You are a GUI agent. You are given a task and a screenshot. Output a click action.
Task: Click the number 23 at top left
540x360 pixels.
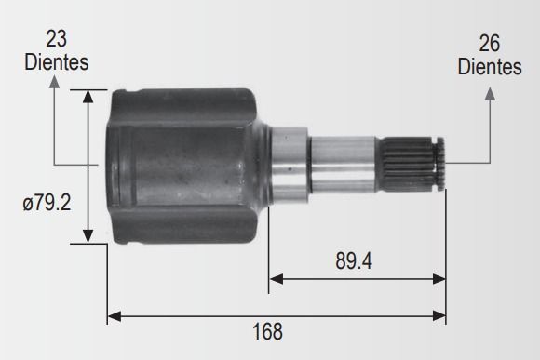[x=56, y=38]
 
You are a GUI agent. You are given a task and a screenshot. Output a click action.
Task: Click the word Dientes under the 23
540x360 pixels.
[x=57, y=62]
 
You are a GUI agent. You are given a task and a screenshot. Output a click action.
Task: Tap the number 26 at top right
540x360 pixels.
[x=490, y=44]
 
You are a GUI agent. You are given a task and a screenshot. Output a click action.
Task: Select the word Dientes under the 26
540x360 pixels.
[x=490, y=67]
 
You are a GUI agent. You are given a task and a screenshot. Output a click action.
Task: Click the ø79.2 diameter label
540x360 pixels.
[x=47, y=203]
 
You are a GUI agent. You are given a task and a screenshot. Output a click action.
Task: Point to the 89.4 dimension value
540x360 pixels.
[x=354, y=261]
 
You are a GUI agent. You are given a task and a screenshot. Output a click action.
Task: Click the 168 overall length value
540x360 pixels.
[x=267, y=331]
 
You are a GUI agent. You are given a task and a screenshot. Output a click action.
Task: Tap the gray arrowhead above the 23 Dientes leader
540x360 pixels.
[x=54, y=82]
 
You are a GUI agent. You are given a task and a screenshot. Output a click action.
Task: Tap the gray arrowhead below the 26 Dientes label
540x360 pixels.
[x=490, y=94]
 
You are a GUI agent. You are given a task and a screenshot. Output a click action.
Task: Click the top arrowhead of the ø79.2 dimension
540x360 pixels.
[x=88, y=97]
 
